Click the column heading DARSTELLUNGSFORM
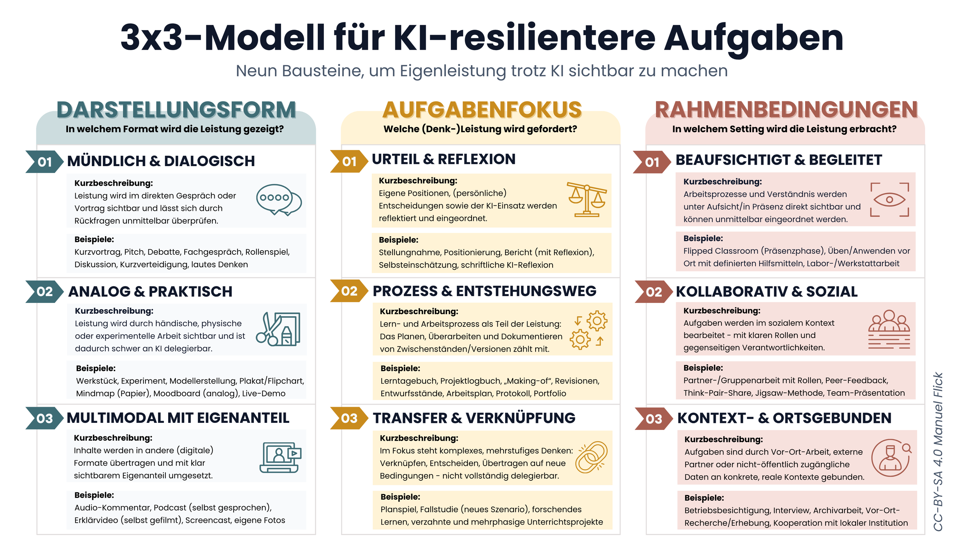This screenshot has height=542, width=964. (x=176, y=110)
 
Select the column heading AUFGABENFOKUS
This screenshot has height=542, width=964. (x=482, y=110)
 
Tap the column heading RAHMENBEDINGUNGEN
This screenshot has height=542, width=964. (x=786, y=110)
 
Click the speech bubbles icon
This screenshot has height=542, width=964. (x=279, y=200)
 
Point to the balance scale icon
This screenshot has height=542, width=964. (x=586, y=199)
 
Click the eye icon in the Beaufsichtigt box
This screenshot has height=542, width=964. (x=890, y=200)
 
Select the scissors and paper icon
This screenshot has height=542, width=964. (x=278, y=329)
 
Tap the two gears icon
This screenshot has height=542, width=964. (x=589, y=330)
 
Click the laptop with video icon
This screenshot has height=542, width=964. (x=280, y=458)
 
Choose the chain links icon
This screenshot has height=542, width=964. (x=591, y=457)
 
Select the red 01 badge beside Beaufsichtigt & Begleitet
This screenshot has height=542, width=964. (x=652, y=162)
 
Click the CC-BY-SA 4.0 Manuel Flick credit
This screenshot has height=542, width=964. (x=938, y=452)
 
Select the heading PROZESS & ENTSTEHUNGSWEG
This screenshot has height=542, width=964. (x=484, y=291)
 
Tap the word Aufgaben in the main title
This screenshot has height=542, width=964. (x=753, y=38)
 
